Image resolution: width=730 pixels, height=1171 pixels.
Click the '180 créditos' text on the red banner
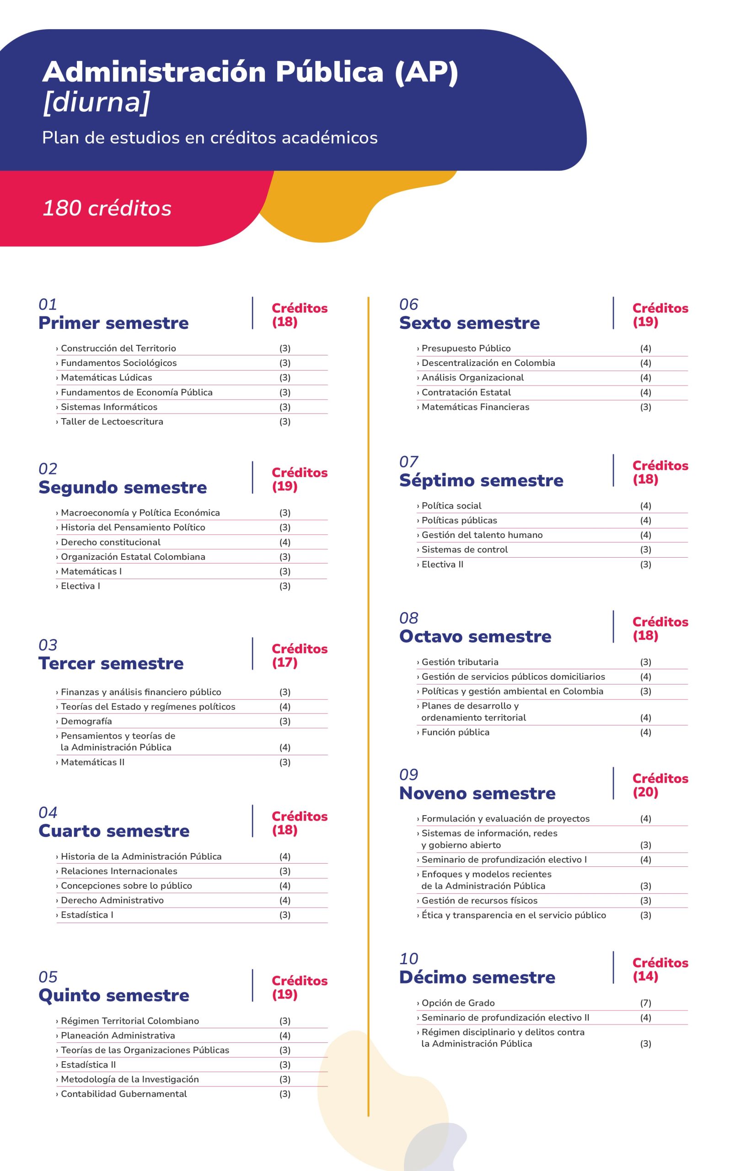coord(107,208)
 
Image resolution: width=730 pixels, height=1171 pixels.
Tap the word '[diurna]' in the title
coord(96,102)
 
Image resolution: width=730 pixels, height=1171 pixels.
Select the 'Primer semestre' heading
coord(113,323)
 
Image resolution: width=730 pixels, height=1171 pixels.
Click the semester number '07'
coord(408,462)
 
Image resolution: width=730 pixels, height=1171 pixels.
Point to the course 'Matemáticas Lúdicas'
coord(106,377)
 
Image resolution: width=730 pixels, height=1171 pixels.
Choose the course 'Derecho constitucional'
coord(111,542)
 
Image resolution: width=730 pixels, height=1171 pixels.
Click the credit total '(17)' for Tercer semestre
coord(284,662)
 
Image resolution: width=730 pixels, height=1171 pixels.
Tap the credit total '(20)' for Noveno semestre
coord(645,792)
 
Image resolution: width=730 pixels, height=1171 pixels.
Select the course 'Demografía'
coord(86,721)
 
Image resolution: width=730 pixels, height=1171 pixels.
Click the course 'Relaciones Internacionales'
coord(119,871)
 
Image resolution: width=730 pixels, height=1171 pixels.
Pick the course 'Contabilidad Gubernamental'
coord(123,1094)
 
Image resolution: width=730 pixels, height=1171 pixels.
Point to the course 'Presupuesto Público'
coord(466,348)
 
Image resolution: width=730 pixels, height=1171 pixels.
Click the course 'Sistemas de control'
coord(464,549)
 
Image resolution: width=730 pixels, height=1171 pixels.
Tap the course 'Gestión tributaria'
coord(460,662)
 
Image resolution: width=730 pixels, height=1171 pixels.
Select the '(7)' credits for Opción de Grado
coord(645,1003)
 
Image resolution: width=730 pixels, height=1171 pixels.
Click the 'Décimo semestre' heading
coord(477,977)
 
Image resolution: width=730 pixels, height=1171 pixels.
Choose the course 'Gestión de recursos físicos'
coord(479,900)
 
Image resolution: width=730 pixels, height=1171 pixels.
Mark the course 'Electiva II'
coord(442,564)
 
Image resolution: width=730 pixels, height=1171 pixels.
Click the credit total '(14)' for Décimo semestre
coord(645,976)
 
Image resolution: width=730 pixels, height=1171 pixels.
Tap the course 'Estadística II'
coord(88,1064)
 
